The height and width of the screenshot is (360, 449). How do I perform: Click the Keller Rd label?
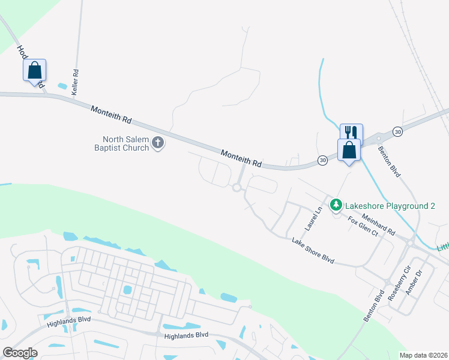point(76,82)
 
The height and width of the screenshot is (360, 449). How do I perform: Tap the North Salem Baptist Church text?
point(122,143)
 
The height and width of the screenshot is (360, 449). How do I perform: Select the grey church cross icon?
point(158,143)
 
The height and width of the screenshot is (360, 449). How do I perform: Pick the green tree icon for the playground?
point(337,206)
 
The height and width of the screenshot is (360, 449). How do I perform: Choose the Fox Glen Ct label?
point(364,225)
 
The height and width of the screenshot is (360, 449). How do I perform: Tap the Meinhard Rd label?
point(378,225)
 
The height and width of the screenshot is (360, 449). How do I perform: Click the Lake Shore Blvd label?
point(312,250)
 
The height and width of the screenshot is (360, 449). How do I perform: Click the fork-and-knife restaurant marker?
point(351,133)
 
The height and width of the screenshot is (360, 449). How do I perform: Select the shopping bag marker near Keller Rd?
point(35,71)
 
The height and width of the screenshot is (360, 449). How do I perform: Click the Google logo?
point(20,352)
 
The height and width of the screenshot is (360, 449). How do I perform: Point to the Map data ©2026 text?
point(423,355)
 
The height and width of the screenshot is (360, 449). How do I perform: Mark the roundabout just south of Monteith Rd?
point(237,188)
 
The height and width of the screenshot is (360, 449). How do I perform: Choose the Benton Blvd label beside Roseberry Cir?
point(373,307)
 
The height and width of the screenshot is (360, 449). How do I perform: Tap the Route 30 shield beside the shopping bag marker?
point(323,161)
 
